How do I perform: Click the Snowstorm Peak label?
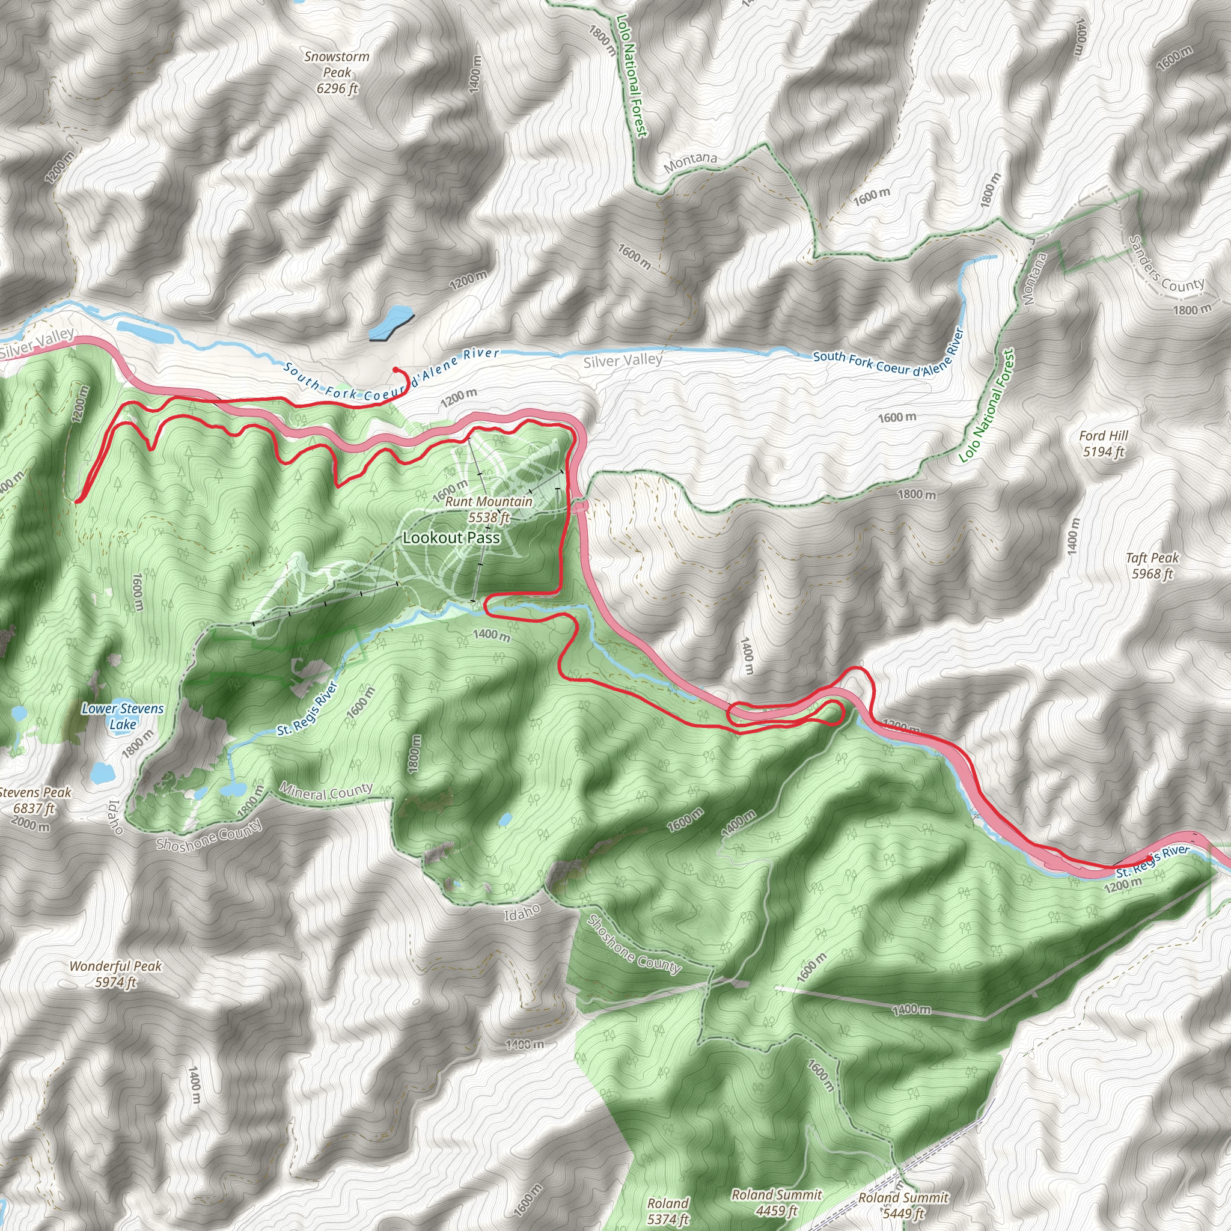pyautogui.click(x=337, y=73)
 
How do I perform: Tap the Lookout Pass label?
pyautogui.click(x=451, y=538)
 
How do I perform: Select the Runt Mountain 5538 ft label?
pyautogui.click(x=489, y=509)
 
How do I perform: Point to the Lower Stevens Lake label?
pyautogui.click(x=123, y=716)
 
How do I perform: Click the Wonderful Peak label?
pyautogui.click(x=115, y=974)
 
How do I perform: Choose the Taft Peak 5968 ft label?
pyautogui.click(x=1152, y=565)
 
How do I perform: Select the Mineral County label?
pyautogui.click(x=326, y=792)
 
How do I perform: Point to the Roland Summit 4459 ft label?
pyautogui.click(x=776, y=1202)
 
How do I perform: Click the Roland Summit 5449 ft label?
pyautogui.click(x=903, y=1205)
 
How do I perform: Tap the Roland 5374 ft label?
pyautogui.click(x=668, y=1211)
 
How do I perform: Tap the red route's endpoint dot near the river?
pyautogui.click(x=396, y=370)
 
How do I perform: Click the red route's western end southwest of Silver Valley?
pyautogui.click(x=77, y=501)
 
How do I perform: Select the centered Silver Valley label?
pyautogui.click(x=623, y=361)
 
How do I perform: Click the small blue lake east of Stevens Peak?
pyautogui.click(x=102, y=772)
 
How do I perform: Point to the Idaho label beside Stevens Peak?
pyautogui.click(x=115, y=817)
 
